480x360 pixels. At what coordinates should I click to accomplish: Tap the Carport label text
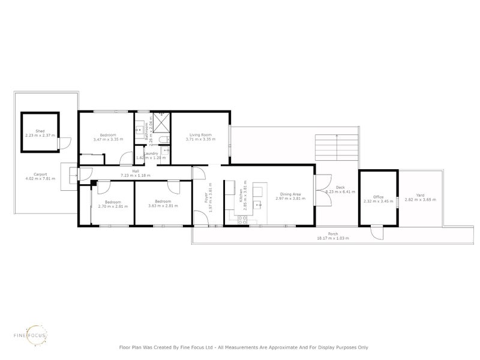point(40,175)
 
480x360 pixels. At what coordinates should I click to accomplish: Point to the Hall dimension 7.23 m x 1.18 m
point(136,175)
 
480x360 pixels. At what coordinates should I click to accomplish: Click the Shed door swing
point(67,143)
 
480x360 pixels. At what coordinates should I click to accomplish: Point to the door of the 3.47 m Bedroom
point(127,159)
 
